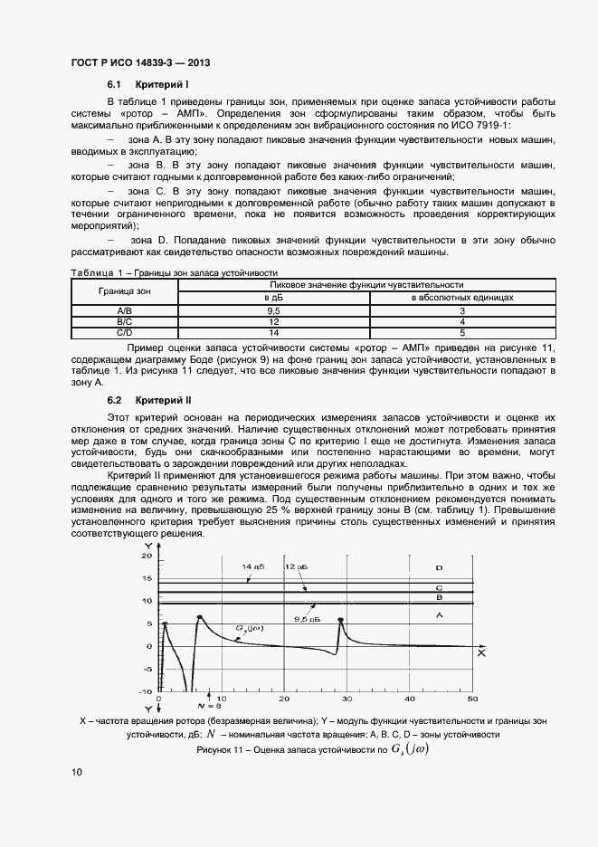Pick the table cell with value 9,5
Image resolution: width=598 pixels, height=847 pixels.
272,310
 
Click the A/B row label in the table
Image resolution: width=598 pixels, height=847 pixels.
125,310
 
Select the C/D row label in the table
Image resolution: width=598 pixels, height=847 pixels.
125,332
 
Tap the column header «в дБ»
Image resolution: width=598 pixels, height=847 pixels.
272,297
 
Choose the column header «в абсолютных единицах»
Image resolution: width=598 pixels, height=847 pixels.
462,297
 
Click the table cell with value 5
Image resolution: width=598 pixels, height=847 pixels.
462,332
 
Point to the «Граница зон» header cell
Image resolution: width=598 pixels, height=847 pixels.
125,290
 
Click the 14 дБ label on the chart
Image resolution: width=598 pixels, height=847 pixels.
253,566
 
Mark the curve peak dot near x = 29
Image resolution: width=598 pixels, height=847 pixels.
340,620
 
